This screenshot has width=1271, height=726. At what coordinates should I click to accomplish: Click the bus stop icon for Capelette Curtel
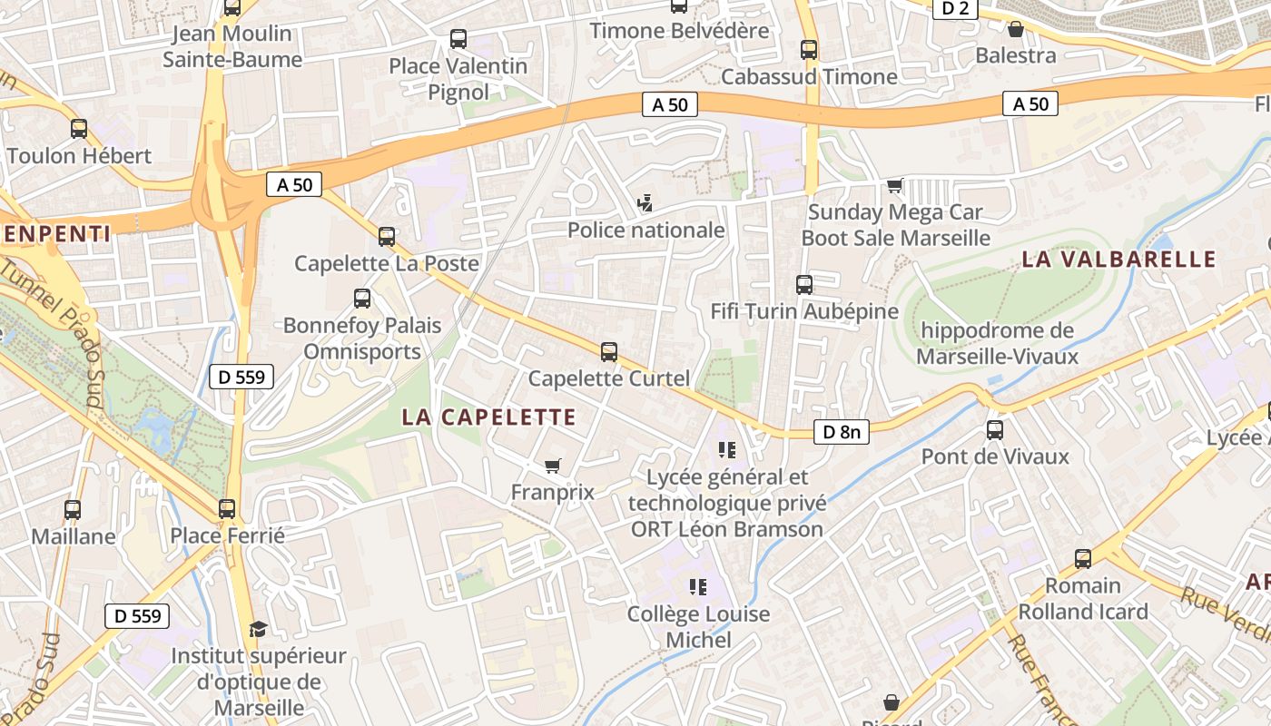(x=609, y=351)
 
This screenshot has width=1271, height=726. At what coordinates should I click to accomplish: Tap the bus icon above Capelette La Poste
(x=387, y=237)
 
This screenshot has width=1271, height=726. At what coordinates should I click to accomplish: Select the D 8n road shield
(x=841, y=432)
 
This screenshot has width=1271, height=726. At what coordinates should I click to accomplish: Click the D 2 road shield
(x=954, y=8)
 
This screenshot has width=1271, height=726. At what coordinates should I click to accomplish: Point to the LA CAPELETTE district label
(x=489, y=417)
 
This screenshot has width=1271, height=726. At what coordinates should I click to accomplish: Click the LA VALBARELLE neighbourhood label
(x=1118, y=259)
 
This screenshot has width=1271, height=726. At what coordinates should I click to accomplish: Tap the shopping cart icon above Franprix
(x=552, y=466)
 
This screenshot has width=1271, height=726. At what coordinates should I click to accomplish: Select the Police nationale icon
(x=645, y=203)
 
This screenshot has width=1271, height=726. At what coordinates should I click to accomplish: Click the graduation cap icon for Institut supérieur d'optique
(x=258, y=629)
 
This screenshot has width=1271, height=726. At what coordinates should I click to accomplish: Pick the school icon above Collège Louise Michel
(x=698, y=587)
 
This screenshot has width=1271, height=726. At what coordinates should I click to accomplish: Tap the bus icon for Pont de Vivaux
(x=995, y=429)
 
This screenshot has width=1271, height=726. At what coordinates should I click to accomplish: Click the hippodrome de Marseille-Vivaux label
(x=997, y=343)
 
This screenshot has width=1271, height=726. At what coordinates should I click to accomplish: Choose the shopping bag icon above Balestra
(x=1016, y=29)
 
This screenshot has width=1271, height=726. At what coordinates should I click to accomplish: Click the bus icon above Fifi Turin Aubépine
(x=804, y=285)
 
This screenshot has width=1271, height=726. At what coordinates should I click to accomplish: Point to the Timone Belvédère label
(x=679, y=31)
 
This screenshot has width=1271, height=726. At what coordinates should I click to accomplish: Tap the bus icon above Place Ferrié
(x=227, y=509)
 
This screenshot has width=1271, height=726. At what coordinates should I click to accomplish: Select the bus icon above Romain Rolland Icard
(x=1082, y=559)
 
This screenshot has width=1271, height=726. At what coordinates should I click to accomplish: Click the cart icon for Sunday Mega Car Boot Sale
(x=895, y=186)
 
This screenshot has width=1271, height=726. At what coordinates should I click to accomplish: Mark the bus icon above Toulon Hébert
(x=79, y=129)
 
